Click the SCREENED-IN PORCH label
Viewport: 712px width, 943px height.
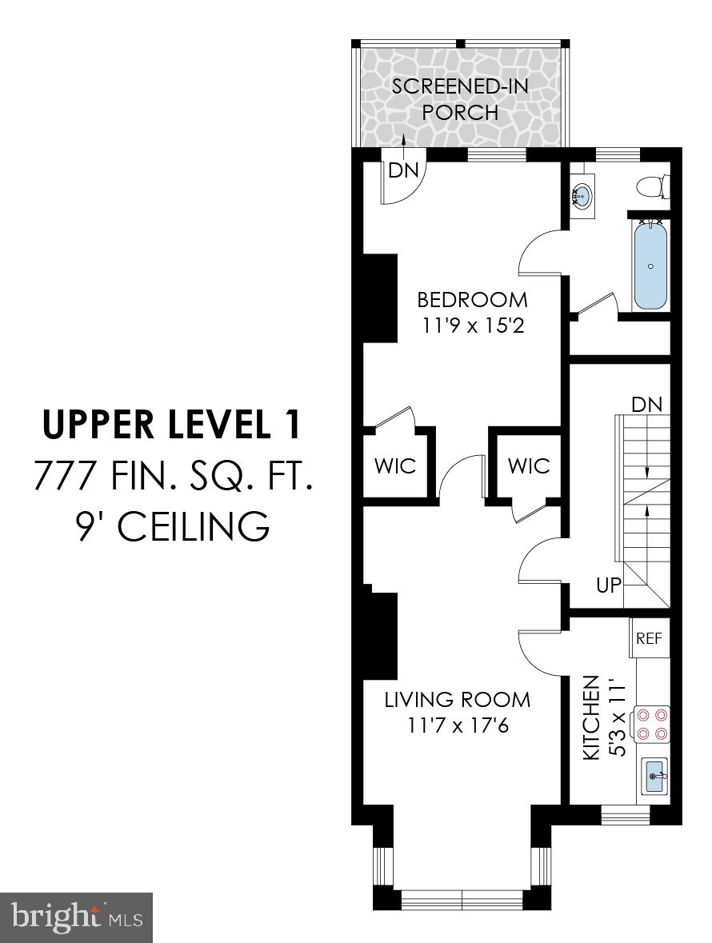[x=460, y=98]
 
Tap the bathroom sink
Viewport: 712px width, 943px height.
[x=583, y=194]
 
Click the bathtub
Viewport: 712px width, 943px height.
[x=650, y=266]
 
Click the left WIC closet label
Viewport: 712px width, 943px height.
[x=396, y=466]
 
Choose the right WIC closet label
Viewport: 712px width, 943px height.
[x=529, y=466]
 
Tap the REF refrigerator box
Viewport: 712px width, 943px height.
[x=649, y=638]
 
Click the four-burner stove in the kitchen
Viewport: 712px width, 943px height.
[x=652, y=724]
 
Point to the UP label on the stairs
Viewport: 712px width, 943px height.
[x=609, y=585]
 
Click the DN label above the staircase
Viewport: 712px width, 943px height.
[x=647, y=404]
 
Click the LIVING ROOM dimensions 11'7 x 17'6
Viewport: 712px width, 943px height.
[x=457, y=727]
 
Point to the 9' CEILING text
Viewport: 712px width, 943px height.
[x=171, y=527]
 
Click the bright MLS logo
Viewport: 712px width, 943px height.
[x=76, y=917]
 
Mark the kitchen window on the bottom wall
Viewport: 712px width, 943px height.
[x=625, y=815]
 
